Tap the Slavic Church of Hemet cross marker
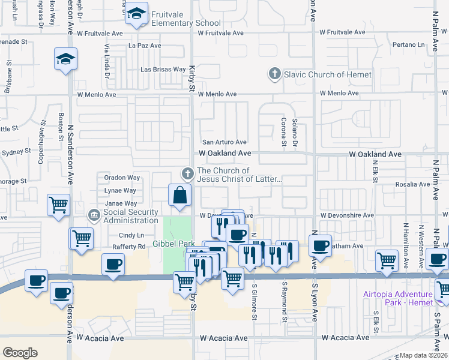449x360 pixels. click(275, 74)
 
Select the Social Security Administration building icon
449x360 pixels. click(94, 215)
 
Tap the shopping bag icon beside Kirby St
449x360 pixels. click(179, 195)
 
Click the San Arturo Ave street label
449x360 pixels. click(224, 142)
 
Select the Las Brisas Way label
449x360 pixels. click(163, 70)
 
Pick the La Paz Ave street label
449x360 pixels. click(145, 46)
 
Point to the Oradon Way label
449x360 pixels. click(122, 178)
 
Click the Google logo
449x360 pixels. click(20, 352)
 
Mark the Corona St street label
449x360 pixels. click(283, 131)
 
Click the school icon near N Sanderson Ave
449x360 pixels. click(65, 60)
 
